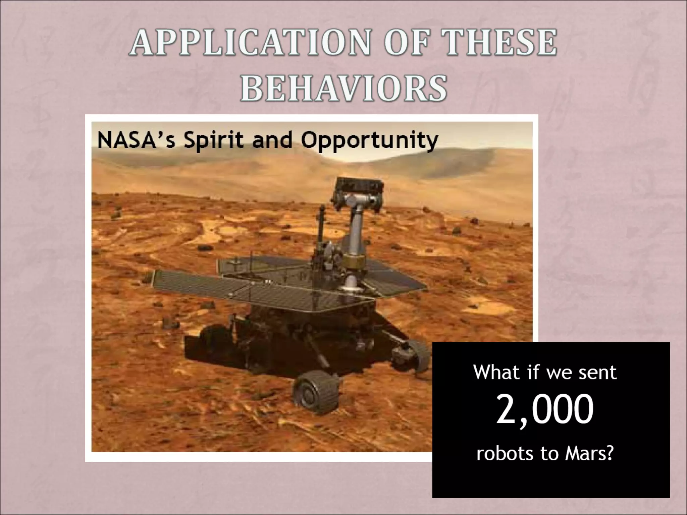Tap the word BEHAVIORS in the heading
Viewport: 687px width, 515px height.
(343, 88)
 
